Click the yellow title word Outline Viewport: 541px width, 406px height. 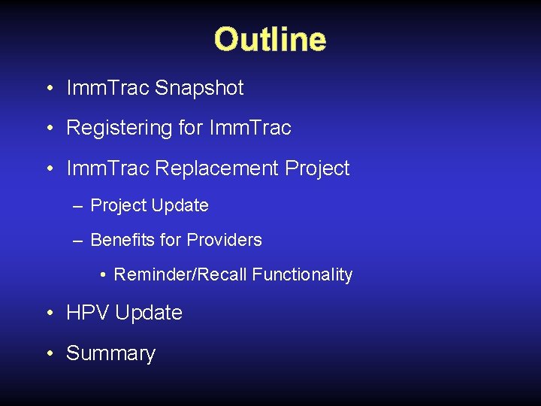tap(270, 40)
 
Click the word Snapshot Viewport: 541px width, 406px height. tap(199, 88)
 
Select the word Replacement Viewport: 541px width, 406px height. tap(217, 168)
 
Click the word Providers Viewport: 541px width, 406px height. tap(224, 241)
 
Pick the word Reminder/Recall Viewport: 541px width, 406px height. tap(180, 275)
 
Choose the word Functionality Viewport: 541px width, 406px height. tap(302, 275)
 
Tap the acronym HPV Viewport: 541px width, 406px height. tap(88, 313)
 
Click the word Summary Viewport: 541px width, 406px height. tap(110, 353)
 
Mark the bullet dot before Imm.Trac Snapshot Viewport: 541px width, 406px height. tap(48, 89)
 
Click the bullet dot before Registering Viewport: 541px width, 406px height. tap(48, 129)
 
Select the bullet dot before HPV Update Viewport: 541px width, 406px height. tap(48, 314)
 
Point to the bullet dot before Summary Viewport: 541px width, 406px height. tap(48, 353)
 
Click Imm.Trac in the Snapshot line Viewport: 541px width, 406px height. tap(107, 88)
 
